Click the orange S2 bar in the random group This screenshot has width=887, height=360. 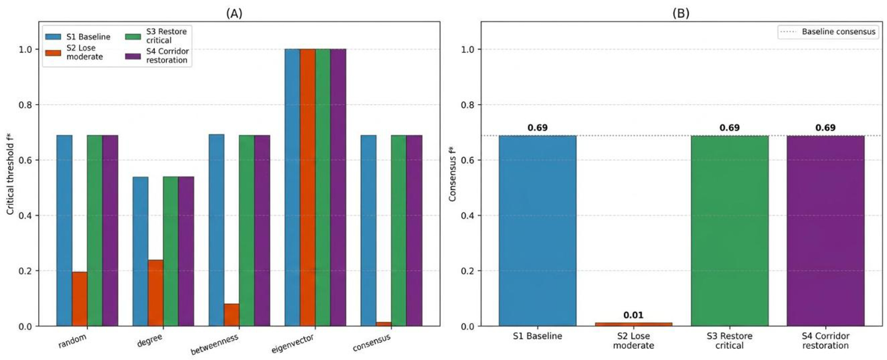pos(79,299)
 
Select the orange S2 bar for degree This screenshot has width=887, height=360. pos(156,293)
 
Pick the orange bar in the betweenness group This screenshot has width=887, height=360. pos(232,315)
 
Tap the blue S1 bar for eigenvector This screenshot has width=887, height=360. pos(292,187)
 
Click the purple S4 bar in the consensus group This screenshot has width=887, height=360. pos(414,231)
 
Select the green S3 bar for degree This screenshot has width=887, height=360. pos(171,251)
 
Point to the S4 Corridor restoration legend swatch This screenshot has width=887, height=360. pos(133,56)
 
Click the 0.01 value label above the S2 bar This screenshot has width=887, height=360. pos(633,315)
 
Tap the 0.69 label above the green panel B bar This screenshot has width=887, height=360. pos(729,128)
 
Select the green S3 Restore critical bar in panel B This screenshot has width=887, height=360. pos(729,231)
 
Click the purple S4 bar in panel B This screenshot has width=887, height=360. pos(825,231)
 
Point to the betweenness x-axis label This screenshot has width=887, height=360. pos(215,344)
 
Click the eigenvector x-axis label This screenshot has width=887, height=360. pos(293,343)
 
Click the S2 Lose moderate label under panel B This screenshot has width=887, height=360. pos(633,341)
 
